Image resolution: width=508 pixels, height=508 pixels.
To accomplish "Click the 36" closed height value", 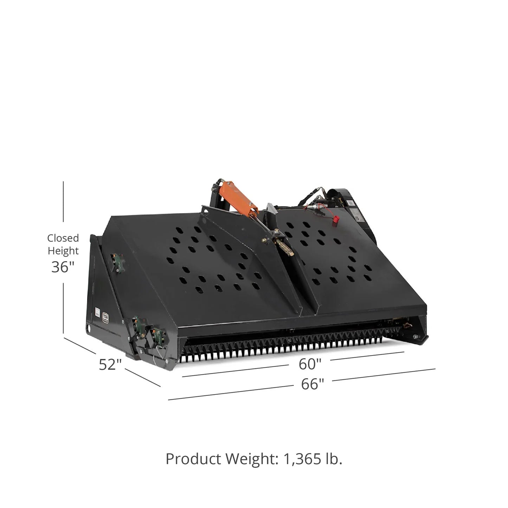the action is [63, 267].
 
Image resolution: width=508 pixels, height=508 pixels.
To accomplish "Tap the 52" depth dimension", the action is [110, 365].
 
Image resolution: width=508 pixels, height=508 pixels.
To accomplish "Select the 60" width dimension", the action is [310, 364].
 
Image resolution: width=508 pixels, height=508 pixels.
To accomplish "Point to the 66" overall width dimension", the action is [313, 384].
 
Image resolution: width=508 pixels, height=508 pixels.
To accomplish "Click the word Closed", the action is [63, 238].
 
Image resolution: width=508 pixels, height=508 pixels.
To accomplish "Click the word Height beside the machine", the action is [63, 251].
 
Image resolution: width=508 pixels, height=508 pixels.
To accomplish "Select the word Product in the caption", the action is [193, 459].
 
